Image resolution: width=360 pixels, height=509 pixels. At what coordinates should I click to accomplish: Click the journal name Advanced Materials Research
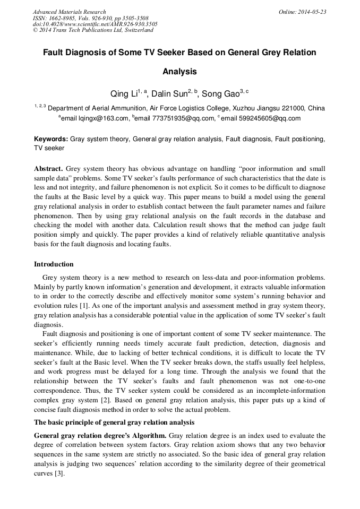tap(70, 12)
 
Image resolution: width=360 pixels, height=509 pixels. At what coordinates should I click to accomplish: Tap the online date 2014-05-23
tap(313, 12)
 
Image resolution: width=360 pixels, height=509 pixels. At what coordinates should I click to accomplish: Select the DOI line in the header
tap(95, 24)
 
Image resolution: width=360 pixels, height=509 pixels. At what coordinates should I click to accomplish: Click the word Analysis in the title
tap(179, 71)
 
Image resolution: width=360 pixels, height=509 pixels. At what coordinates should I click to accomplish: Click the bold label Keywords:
tap(51, 139)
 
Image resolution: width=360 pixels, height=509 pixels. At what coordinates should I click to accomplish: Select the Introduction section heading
tap(54, 264)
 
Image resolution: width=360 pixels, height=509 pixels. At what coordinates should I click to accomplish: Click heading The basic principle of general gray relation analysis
tap(114, 422)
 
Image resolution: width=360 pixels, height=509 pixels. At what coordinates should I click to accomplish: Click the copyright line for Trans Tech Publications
tap(93, 30)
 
